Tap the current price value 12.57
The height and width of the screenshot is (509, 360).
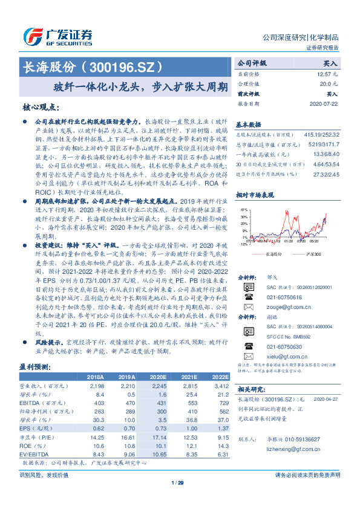click(328, 73)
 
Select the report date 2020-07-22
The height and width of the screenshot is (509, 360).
click(326, 103)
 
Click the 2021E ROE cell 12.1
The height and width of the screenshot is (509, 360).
click(191, 444)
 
